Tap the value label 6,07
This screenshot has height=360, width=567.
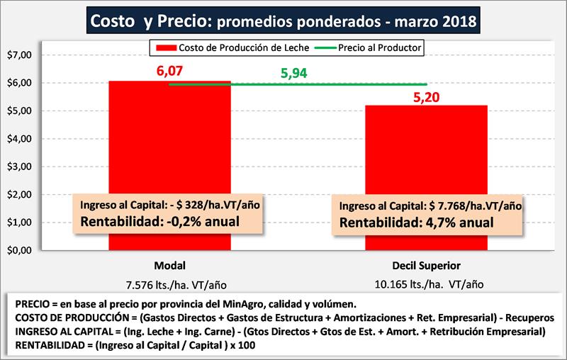(170, 71)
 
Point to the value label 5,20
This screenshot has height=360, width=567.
(427, 95)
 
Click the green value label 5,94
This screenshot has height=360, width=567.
(296, 74)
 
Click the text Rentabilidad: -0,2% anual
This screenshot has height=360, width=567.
(159, 220)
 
